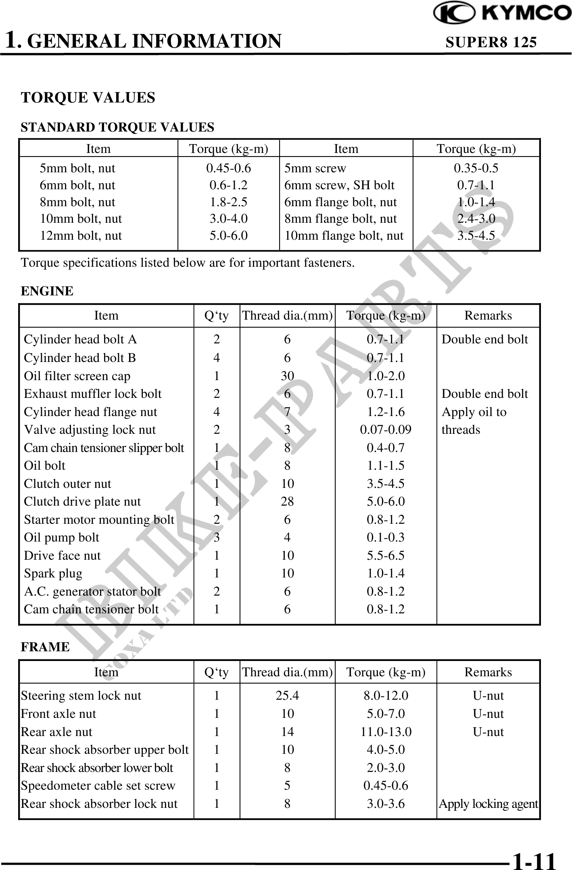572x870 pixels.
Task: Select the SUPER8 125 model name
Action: [x=491, y=42]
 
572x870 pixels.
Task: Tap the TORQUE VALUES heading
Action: [x=88, y=98]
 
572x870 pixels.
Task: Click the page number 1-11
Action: [x=534, y=859]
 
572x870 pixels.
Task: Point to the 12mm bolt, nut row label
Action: [x=81, y=235]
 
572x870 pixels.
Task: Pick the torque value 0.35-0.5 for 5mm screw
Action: [x=476, y=168]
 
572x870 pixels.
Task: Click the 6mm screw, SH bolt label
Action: [x=339, y=185]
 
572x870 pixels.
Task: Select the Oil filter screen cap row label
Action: [x=77, y=376]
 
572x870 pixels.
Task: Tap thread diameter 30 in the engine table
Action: [x=287, y=376]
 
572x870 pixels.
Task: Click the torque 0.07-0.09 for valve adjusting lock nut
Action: [x=386, y=429]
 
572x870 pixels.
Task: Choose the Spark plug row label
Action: [x=53, y=573]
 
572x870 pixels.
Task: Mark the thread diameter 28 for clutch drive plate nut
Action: [x=287, y=501]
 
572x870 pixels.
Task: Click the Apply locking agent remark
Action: [x=488, y=804]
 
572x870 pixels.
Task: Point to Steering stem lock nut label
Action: [x=81, y=696]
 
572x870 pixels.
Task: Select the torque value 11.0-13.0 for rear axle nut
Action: [x=386, y=732]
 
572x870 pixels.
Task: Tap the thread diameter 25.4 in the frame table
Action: [x=287, y=696]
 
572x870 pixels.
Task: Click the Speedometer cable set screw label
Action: [x=98, y=786]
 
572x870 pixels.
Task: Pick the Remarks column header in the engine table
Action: [x=488, y=315]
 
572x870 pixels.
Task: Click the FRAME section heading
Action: [x=45, y=647]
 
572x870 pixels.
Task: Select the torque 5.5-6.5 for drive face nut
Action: [x=386, y=555]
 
